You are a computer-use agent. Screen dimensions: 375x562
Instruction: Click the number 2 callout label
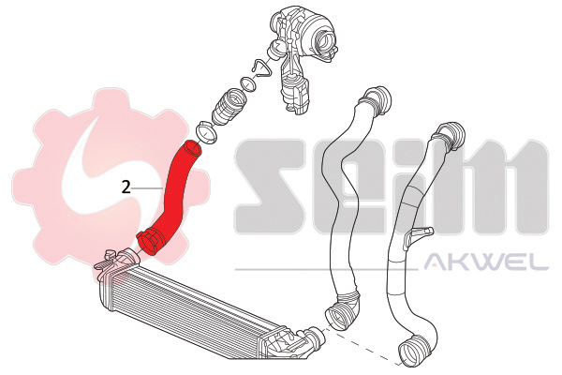click(126, 186)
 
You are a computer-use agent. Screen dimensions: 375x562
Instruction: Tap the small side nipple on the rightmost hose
click(427, 233)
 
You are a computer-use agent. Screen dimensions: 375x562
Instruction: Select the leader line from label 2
click(149, 187)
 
